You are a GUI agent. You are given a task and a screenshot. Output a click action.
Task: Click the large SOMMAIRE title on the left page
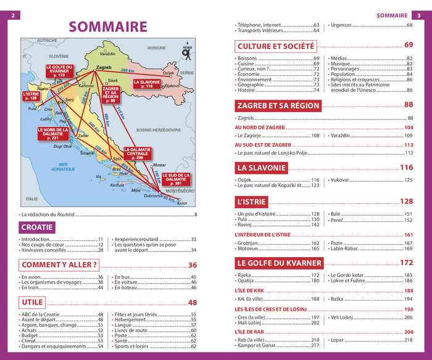(x=108, y=27)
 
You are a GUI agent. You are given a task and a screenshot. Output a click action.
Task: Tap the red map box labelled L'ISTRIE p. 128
(x=31, y=96)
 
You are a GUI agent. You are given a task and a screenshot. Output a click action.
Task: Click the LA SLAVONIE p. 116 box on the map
(x=146, y=84)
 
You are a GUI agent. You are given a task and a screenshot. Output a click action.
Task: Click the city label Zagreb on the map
(x=104, y=67)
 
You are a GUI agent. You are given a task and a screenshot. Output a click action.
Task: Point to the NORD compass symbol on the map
(x=185, y=53)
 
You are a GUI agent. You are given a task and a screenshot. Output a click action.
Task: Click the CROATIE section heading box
(x=38, y=227)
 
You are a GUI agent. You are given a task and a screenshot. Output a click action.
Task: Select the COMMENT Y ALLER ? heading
(x=59, y=265)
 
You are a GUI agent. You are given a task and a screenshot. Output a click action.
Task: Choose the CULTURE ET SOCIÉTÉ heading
(x=276, y=46)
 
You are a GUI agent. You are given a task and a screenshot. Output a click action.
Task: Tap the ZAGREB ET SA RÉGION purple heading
(x=278, y=105)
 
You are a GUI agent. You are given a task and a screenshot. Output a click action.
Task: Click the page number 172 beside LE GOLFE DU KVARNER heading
(x=406, y=263)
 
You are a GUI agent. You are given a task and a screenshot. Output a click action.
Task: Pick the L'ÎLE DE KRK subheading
(x=250, y=290)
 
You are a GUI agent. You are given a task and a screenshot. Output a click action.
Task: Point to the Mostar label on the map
(x=159, y=165)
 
